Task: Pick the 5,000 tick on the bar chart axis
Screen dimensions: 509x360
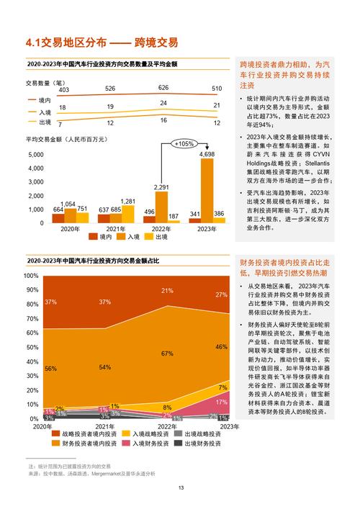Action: pyautogui.click(x=35, y=155)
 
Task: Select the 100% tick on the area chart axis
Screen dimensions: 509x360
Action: pyautogui.click(x=30, y=276)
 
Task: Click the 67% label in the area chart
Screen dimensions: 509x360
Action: pyautogui.click(x=167, y=353)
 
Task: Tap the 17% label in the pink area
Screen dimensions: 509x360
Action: pyautogui.click(x=222, y=402)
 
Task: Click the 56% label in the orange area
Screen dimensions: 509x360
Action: pyautogui.click(x=51, y=369)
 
